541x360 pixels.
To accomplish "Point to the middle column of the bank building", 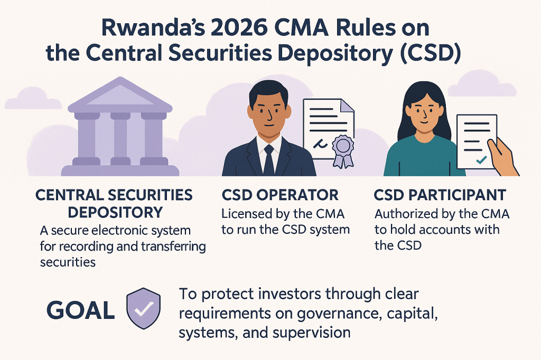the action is coord(120,138).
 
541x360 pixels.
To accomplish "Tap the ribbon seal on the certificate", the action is coord(342,151).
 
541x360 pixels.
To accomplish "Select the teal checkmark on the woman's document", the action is coord(481,159).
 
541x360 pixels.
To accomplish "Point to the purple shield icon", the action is coord(144,308).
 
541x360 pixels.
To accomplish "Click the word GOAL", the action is coord(81,310).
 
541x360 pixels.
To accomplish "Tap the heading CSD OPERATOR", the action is coord(280,195).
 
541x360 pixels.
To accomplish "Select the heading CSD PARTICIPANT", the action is coord(440,195).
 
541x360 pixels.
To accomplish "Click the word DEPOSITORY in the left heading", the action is coord(115,212).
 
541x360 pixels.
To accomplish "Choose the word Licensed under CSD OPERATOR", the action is coord(246,214).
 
